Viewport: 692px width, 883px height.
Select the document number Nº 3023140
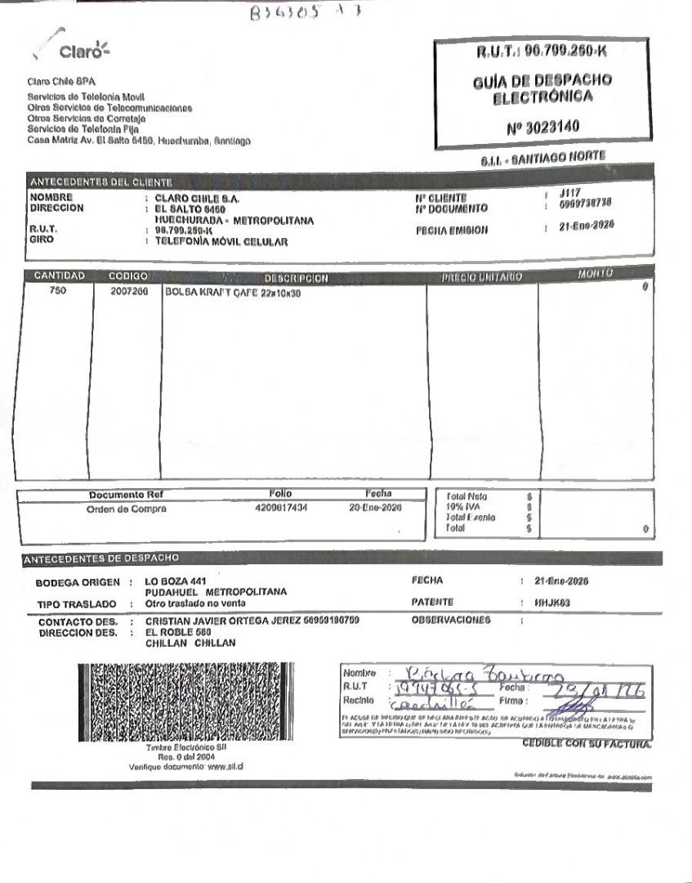click(x=542, y=128)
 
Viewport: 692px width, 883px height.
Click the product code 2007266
click(x=129, y=292)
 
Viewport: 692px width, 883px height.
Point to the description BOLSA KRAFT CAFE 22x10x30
click(x=233, y=293)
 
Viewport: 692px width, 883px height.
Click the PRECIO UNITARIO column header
click(x=481, y=278)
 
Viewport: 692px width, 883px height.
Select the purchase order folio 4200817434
click(x=281, y=508)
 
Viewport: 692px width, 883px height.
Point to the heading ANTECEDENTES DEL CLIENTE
click(x=101, y=182)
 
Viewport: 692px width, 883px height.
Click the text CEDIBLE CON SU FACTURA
click(x=587, y=744)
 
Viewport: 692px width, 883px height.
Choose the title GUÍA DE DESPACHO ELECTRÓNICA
click(x=542, y=89)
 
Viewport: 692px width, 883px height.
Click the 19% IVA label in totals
click(x=467, y=507)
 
